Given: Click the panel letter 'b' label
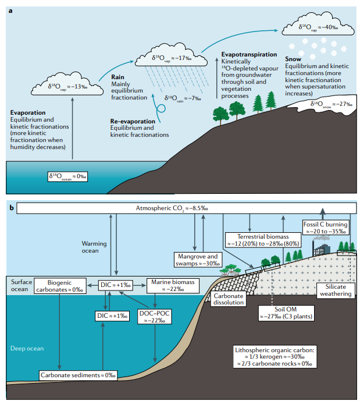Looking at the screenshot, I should point(10,207).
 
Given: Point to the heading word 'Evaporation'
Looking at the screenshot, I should point(30,112).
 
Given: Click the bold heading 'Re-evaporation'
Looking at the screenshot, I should point(133,121).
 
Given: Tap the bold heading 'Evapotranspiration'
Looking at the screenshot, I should point(248,54).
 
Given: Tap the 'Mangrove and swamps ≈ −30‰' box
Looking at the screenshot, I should point(197,260).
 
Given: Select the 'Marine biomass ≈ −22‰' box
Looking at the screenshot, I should point(172,285).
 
